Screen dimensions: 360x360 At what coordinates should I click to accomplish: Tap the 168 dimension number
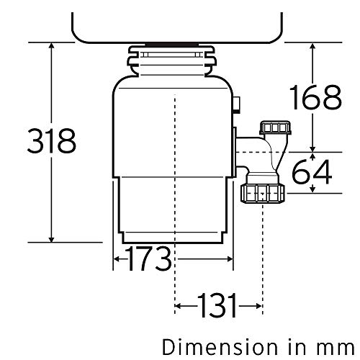pos(315,97)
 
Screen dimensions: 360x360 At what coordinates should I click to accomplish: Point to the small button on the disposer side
pos(236,106)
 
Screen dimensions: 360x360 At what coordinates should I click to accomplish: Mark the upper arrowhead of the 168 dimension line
pos(314,44)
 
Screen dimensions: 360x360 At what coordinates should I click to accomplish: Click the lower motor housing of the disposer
pos(173,209)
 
